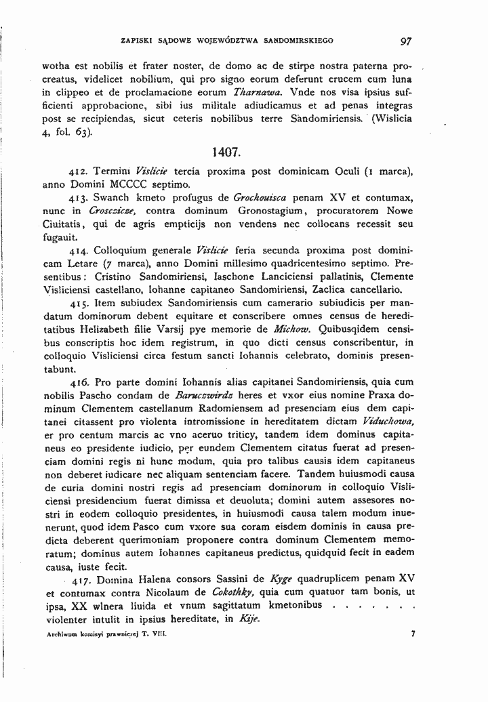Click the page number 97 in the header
click(x=406, y=41)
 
